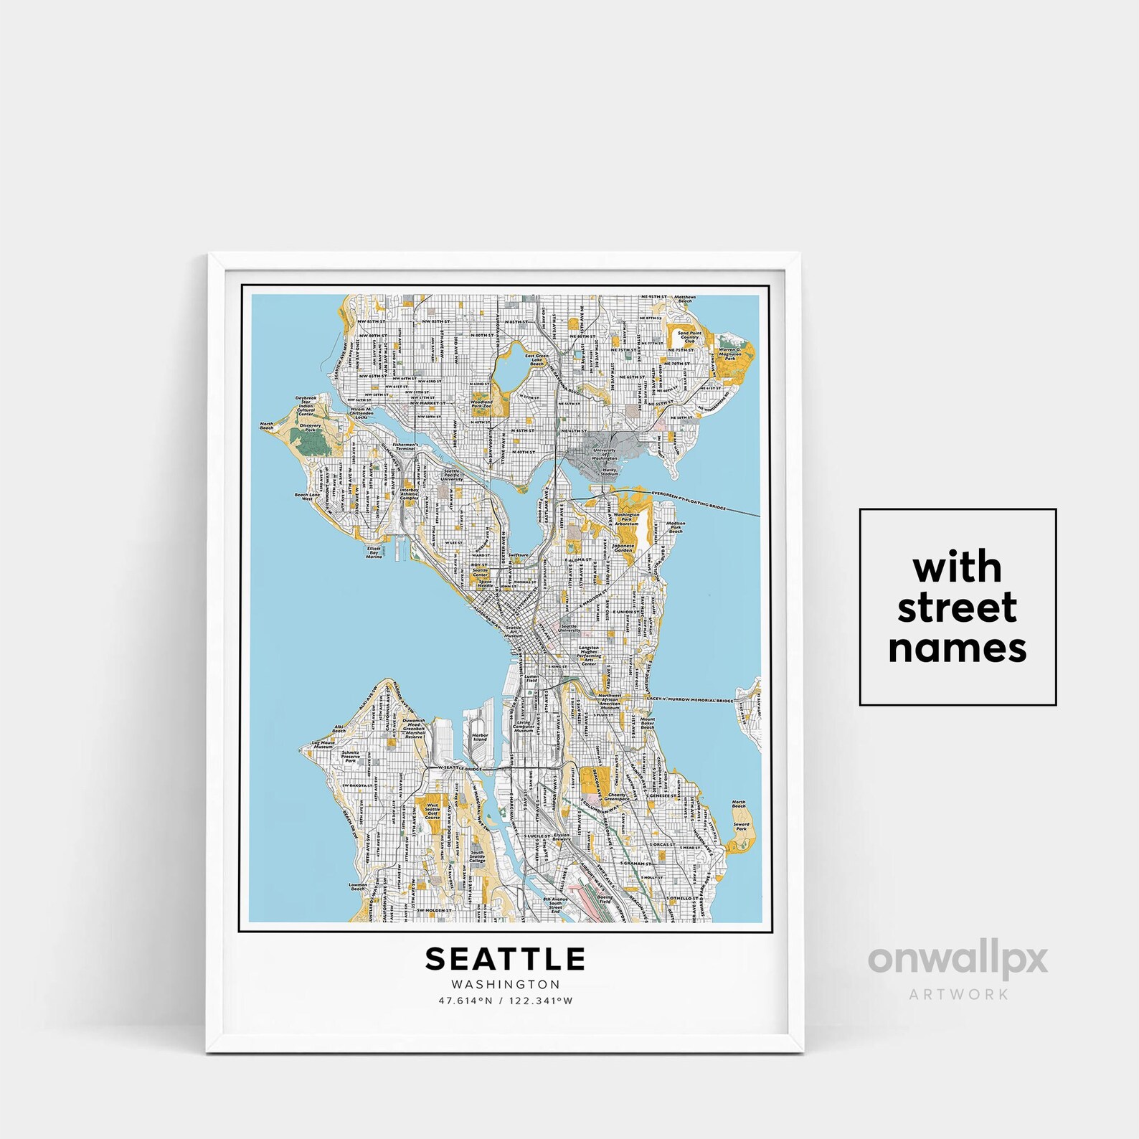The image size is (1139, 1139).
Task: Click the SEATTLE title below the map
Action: coord(506,959)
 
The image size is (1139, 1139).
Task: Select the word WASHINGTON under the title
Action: coord(506,985)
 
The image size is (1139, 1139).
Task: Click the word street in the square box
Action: coord(957,608)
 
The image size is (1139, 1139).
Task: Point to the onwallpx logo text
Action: coord(958,960)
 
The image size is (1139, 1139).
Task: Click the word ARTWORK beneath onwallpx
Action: coord(958,994)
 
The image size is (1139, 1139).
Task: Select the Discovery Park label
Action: coord(311,427)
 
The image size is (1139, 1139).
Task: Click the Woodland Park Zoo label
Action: coord(482,405)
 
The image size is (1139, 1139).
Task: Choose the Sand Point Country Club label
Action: coord(689,337)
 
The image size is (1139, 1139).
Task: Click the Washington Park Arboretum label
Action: coord(626,519)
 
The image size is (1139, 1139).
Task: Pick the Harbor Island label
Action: coord(479,737)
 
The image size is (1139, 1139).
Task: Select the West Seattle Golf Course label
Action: coord(433,811)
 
